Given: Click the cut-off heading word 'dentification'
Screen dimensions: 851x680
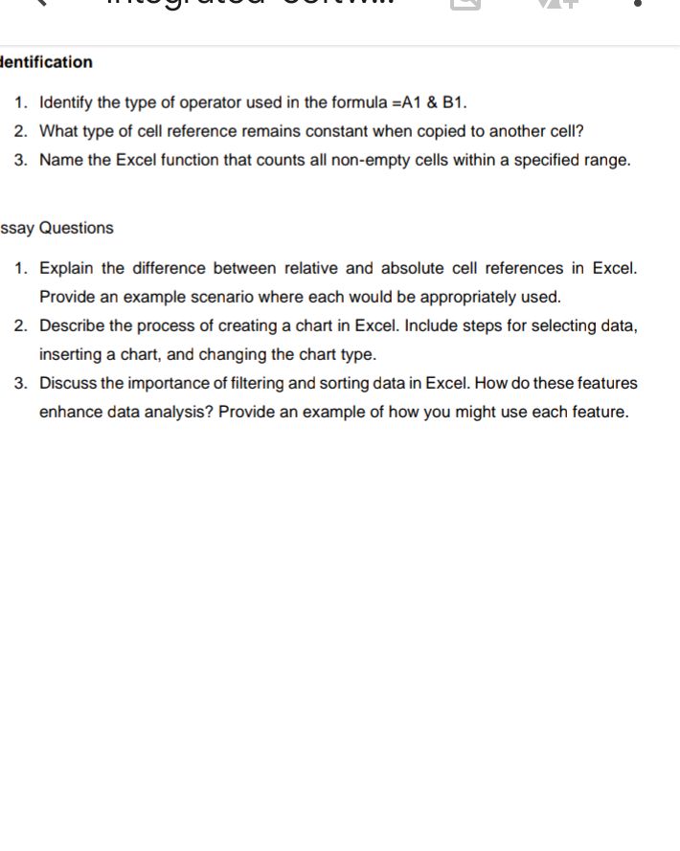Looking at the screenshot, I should pos(47,62).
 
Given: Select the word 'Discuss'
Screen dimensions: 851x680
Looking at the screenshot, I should pos(68,383).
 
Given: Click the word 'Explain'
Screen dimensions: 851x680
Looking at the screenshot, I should pos(67,268).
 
